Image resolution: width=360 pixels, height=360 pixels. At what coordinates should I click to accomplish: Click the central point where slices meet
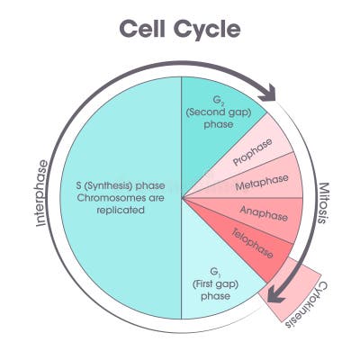click(182, 197)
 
